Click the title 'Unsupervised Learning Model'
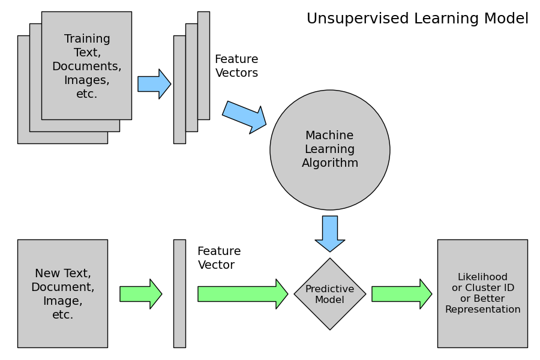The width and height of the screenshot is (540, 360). click(418, 19)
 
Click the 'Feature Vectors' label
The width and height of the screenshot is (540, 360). click(236, 66)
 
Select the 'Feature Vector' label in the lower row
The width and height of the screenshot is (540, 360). click(219, 258)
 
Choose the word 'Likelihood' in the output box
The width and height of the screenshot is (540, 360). click(482, 277)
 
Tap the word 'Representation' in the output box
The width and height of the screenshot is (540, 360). click(482, 310)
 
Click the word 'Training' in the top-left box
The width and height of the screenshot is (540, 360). click(87, 39)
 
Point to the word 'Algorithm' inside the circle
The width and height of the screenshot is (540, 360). click(329, 163)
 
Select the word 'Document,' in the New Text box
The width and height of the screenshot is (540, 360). click(62, 287)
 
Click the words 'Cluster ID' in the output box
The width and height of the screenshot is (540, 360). click(492, 288)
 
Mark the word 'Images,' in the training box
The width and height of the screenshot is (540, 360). click(87, 80)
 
